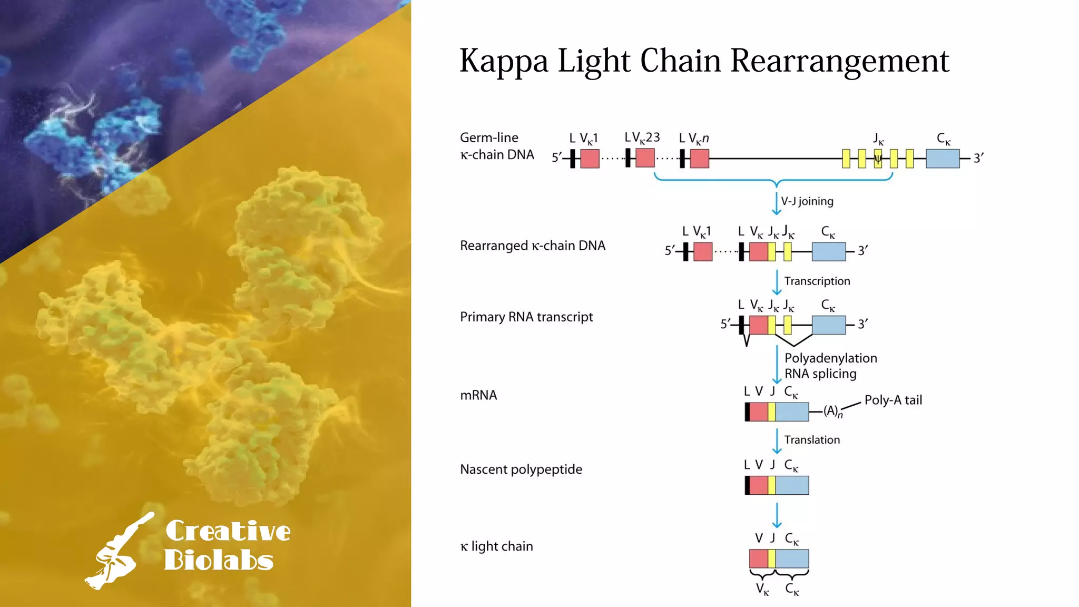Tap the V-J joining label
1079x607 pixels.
(x=807, y=201)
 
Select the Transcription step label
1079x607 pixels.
(x=817, y=281)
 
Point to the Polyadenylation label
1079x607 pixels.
(x=830, y=358)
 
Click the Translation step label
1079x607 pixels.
(x=812, y=440)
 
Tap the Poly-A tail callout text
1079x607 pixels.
(x=893, y=400)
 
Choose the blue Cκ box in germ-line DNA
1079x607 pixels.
(x=943, y=159)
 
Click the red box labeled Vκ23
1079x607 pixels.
(x=645, y=158)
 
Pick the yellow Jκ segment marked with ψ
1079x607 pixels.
(x=878, y=159)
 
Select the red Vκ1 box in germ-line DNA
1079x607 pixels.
(x=590, y=159)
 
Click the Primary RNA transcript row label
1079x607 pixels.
(x=526, y=317)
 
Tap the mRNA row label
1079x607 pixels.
(x=478, y=395)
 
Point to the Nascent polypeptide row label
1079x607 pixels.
(x=521, y=469)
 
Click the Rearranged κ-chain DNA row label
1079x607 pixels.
(x=533, y=246)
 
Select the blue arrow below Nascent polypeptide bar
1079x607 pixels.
(x=777, y=515)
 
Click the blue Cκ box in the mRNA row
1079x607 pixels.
(x=792, y=412)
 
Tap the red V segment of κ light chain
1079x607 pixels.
(x=759, y=559)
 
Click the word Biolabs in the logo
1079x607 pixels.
(x=219, y=561)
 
